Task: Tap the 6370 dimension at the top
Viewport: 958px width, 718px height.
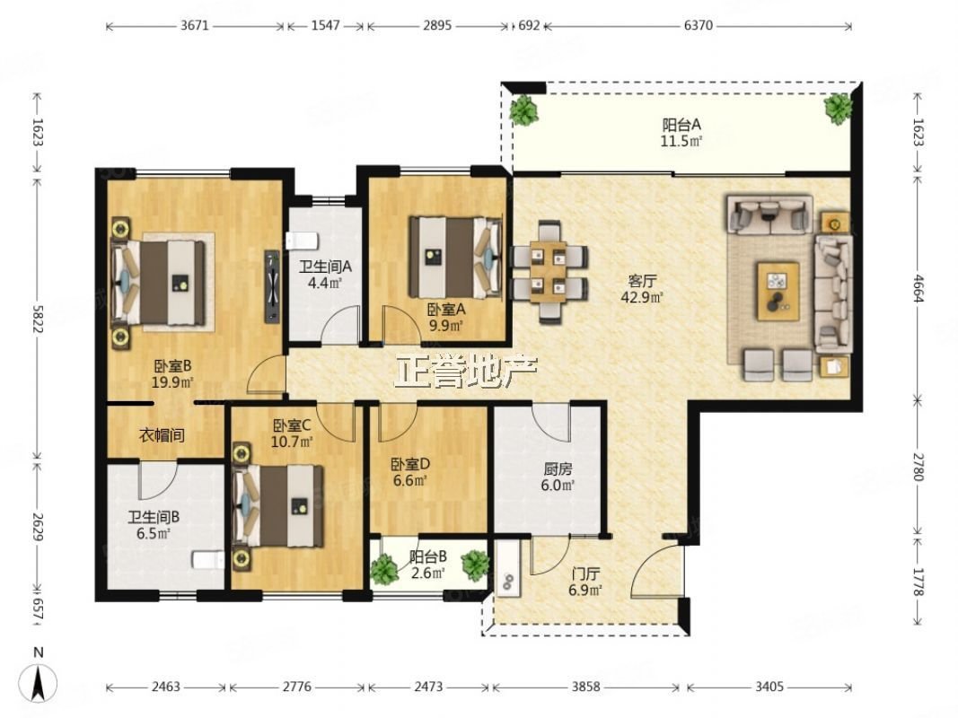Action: tap(699, 26)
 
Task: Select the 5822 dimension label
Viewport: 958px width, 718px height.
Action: tap(38, 320)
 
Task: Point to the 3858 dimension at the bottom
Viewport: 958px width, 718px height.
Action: tap(585, 687)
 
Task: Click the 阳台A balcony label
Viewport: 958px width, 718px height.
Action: tap(681, 125)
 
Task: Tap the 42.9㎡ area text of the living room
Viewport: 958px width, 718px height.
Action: tap(642, 297)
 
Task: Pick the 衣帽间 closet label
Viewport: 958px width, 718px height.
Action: tap(162, 435)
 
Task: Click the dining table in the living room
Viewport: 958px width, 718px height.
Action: tap(548, 272)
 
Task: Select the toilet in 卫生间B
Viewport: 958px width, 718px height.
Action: tap(207, 560)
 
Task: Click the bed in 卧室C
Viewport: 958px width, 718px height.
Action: tap(278, 506)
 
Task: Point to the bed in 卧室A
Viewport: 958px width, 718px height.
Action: tap(456, 257)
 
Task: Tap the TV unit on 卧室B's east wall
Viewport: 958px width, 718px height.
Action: tap(272, 285)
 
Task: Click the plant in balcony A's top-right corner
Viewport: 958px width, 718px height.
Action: tap(838, 108)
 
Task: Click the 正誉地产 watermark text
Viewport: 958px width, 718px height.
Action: tap(466, 371)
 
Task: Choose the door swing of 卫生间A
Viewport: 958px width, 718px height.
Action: tap(340, 325)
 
